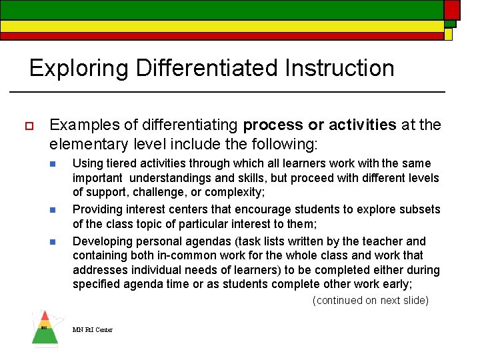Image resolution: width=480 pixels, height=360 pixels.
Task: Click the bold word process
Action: click(x=273, y=125)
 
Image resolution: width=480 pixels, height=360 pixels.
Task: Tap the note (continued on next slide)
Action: click(x=370, y=301)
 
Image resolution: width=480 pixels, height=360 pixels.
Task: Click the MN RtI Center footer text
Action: click(x=93, y=329)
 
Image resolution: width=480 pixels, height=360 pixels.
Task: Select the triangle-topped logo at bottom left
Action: click(x=45, y=328)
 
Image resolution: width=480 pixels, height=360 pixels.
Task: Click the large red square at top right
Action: click(x=451, y=9)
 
